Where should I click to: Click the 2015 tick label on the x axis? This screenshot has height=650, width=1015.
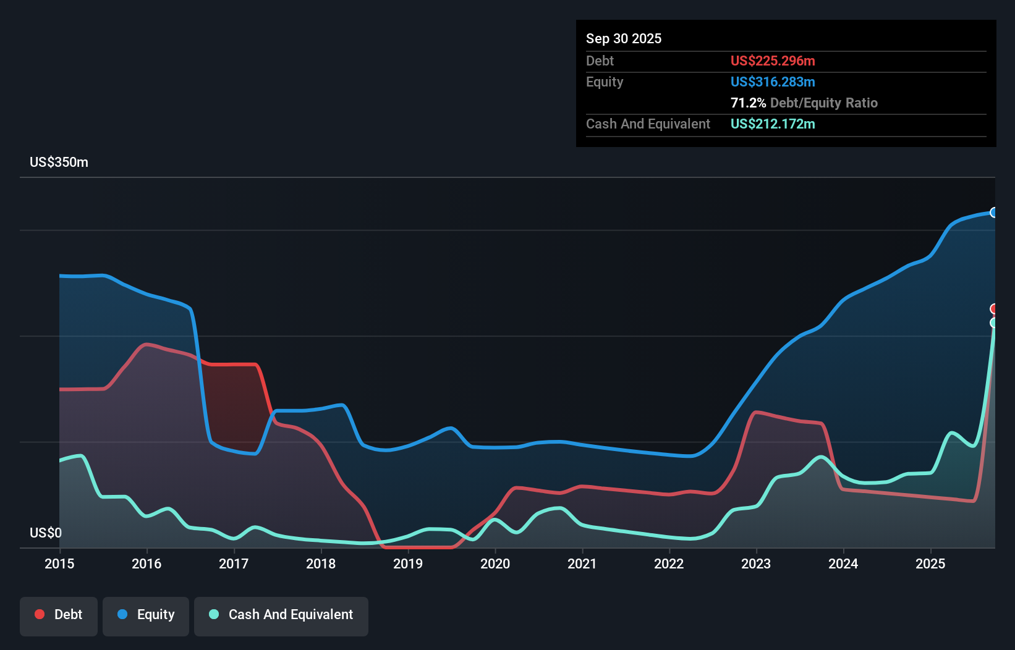(x=59, y=563)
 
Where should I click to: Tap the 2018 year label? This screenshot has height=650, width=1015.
(x=321, y=563)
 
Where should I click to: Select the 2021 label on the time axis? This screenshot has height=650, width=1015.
(x=582, y=563)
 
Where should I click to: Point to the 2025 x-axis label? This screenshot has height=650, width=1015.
(x=930, y=563)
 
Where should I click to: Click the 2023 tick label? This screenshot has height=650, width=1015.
(x=756, y=563)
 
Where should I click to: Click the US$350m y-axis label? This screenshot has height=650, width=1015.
(x=59, y=162)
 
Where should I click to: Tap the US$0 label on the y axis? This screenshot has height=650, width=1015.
(x=46, y=533)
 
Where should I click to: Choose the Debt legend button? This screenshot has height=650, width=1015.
(x=59, y=615)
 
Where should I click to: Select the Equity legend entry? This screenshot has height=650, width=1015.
(x=146, y=615)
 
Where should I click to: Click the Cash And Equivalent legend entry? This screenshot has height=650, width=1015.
(x=281, y=615)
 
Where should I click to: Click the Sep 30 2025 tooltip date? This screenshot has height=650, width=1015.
(x=624, y=39)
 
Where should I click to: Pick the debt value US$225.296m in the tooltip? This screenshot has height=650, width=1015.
(x=773, y=61)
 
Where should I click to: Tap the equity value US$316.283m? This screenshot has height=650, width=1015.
(x=773, y=82)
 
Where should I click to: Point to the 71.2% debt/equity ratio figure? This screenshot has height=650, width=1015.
(x=748, y=103)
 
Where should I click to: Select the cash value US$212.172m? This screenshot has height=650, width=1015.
(x=773, y=124)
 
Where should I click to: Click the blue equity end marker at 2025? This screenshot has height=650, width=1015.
(x=993, y=213)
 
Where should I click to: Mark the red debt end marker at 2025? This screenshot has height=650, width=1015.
(x=993, y=309)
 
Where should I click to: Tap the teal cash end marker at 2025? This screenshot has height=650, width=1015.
(x=993, y=323)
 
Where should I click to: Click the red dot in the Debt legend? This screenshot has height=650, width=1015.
(x=40, y=614)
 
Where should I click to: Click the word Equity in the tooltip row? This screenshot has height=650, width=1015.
(x=605, y=82)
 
